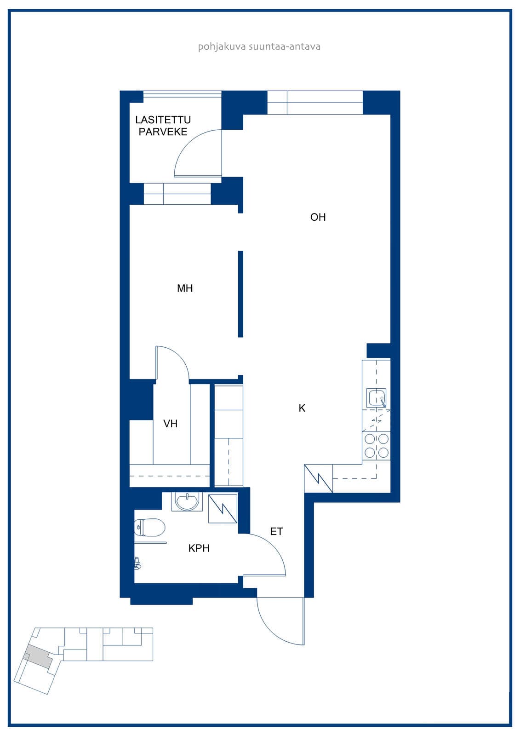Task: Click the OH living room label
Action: pyautogui.click(x=318, y=217)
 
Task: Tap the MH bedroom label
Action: pyautogui.click(x=185, y=288)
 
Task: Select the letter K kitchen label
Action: pyautogui.click(x=302, y=408)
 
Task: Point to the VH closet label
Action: pyautogui.click(x=170, y=424)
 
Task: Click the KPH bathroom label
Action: pyautogui.click(x=199, y=548)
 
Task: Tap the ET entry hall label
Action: pyautogui.click(x=276, y=532)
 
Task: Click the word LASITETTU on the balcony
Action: pyautogui.click(x=163, y=120)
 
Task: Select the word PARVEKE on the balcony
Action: pyautogui.click(x=163, y=132)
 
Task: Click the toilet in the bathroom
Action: pyautogui.click(x=149, y=527)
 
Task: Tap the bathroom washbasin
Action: pyautogui.click(x=187, y=502)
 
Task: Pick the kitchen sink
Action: pyautogui.click(x=376, y=398)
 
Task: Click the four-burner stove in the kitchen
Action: pyautogui.click(x=376, y=446)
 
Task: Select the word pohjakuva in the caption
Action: pyautogui.click(x=222, y=46)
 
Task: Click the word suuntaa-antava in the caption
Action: pyautogui.click(x=285, y=46)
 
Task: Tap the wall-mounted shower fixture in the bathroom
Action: pyautogui.click(x=137, y=563)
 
